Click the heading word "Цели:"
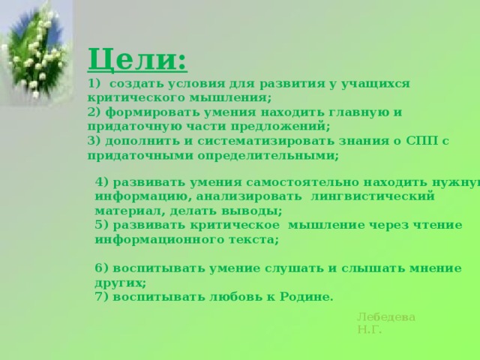137,59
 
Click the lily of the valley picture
37,52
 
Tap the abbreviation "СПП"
421,142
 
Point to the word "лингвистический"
373,196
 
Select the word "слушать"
294,268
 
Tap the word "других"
119,283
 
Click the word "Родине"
305,297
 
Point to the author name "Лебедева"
386,317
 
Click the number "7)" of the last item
102,297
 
